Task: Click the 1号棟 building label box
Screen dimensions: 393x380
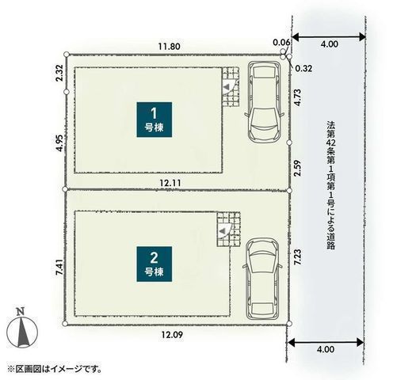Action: [155, 120]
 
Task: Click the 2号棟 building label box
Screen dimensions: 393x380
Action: [155, 264]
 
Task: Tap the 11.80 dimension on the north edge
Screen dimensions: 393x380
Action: [170, 47]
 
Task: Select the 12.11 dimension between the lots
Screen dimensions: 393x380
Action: [170, 183]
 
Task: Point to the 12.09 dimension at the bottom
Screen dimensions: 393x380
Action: [172, 335]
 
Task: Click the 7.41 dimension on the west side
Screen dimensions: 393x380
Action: [59, 268]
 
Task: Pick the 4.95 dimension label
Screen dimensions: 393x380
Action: [59, 143]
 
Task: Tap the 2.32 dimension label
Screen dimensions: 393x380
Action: [59, 73]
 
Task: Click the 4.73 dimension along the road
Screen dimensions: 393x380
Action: [297, 97]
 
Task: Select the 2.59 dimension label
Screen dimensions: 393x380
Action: [297, 168]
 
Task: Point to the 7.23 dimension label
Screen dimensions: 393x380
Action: [297, 257]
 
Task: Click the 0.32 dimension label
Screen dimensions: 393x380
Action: [303, 69]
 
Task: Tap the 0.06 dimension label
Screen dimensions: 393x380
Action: [281, 42]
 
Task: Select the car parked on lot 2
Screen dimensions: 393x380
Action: [262, 279]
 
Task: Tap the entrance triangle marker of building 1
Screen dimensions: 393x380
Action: [227, 86]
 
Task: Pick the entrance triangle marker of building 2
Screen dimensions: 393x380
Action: [223, 230]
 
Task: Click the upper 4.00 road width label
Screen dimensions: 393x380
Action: [329, 44]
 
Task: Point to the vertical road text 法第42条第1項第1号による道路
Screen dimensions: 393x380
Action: [330, 185]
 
